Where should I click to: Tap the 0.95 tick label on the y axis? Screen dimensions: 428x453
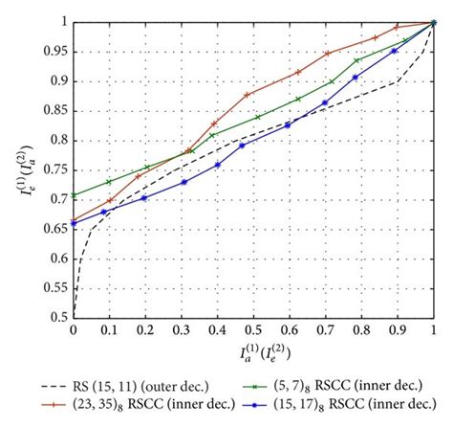pyautogui.click(x=54, y=51)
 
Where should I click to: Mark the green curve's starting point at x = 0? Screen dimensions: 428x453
pyautogui.click(x=73, y=194)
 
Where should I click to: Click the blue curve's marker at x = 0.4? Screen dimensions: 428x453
pyautogui.click(x=218, y=165)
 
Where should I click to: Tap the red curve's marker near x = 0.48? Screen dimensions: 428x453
pyautogui.click(x=248, y=95)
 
